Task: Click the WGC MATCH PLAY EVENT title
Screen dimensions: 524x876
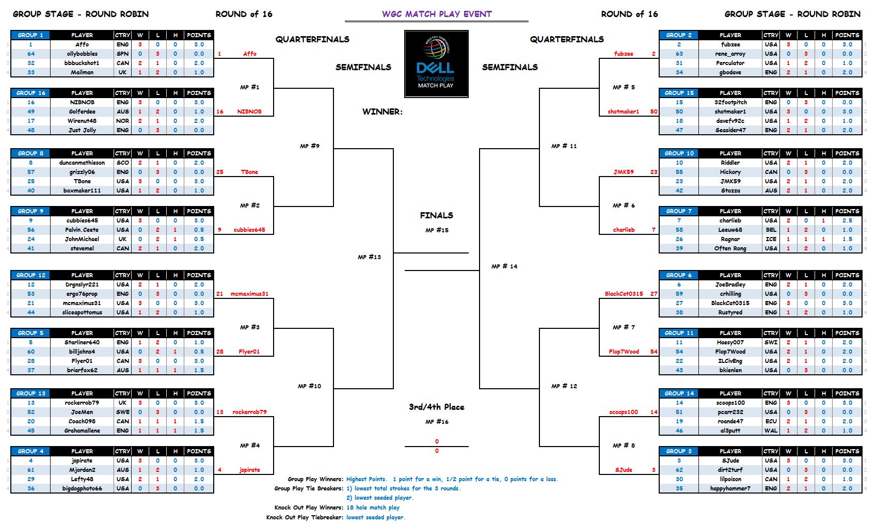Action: (437, 14)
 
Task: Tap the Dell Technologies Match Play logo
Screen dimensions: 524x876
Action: (436, 63)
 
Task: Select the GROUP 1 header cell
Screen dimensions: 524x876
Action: (30, 35)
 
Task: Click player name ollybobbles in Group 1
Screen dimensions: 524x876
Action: (82, 54)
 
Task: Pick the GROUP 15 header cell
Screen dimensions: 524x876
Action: (679, 93)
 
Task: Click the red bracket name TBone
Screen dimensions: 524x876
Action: (249, 172)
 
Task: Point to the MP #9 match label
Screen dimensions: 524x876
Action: (310, 146)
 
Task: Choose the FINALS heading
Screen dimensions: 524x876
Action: (436, 215)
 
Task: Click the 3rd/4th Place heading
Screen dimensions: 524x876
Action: (436, 407)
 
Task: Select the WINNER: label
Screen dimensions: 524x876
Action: (382, 112)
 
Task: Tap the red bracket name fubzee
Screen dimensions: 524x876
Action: (624, 54)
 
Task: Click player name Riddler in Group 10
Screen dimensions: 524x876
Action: (730, 163)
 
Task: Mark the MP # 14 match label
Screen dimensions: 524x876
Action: (504, 266)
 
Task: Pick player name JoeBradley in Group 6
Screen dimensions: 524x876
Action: (730, 284)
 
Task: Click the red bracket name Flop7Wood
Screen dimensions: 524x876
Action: (624, 352)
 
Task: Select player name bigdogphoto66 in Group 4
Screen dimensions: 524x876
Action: (82, 488)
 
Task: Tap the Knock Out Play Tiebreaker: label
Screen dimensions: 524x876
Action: (305, 517)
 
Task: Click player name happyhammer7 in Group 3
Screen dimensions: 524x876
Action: (730, 488)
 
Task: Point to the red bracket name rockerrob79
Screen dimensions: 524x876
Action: (249, 412)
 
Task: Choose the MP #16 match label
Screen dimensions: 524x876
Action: (437, 422)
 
